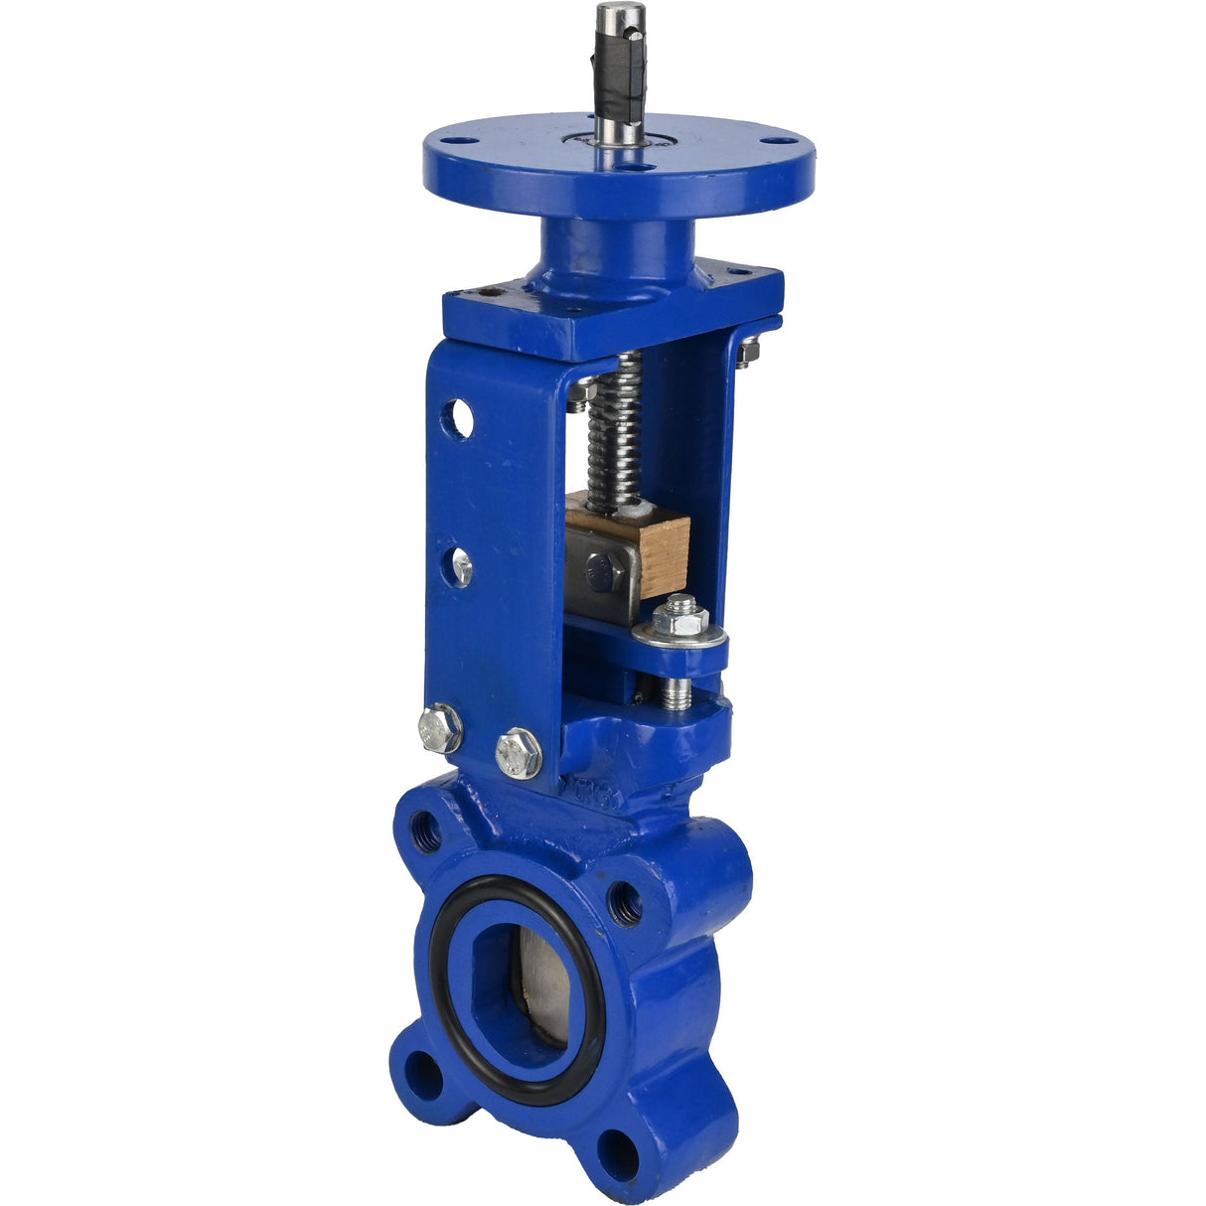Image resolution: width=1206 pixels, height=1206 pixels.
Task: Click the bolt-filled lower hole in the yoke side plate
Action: tap(460, 567)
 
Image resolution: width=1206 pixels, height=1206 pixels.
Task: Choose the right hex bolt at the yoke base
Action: tap(518, 752)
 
